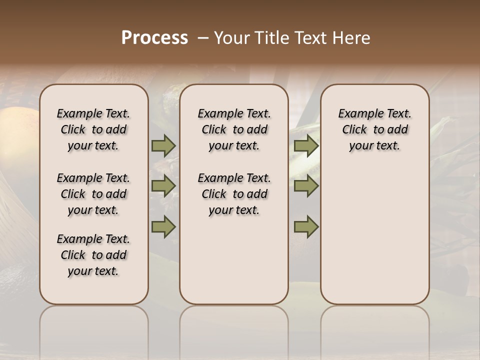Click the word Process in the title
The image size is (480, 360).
(x=154, y=38)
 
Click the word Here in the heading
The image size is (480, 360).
(x=352, y=38)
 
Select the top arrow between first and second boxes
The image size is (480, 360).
(x=163, y=146)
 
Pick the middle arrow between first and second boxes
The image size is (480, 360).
(x=163, y=186)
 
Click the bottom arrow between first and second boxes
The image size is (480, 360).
(x=163, y=226)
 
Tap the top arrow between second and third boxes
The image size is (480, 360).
(x=306, y=146)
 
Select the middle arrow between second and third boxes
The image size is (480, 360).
(x=306, y=186)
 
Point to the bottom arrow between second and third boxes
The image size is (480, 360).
(x=306, y=226)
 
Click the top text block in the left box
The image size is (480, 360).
(x=93, y=129)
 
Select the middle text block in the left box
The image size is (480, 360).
(x=93, y=194)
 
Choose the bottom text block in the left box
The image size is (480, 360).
(x=93, y=255)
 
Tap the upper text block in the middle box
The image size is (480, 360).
(x=234, y=129)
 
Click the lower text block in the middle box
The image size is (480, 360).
(x=234, y=194)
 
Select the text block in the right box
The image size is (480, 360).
(x=374, y=129)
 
